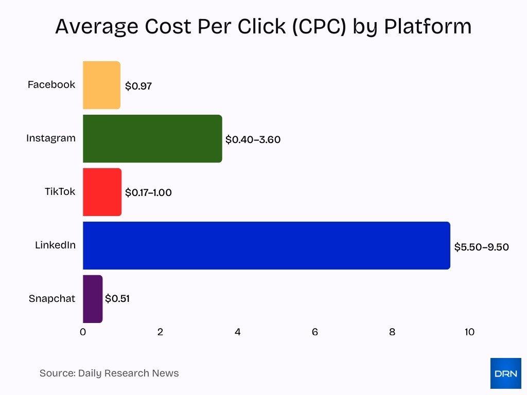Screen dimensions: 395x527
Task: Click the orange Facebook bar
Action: coord(101,85)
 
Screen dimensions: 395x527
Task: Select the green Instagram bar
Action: coord(152,138)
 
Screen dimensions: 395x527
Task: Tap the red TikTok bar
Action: coord(102,192)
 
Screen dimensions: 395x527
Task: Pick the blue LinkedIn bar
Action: coord(266,245)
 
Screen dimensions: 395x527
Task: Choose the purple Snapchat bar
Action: coord(93,299)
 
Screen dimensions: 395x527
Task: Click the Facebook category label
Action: coord(51,85)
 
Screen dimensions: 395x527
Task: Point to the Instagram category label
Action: coord(50,138)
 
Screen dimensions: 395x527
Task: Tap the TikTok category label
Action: coord(60,192)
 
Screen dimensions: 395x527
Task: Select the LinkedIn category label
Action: coord(55,245)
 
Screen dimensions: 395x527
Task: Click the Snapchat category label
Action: coord(52,299)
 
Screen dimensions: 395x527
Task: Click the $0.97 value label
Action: coord(138,86)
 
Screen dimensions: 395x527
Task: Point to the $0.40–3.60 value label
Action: coord(253,139)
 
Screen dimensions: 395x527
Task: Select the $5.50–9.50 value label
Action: coord(481,247)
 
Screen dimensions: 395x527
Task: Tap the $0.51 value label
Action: coord(117,298)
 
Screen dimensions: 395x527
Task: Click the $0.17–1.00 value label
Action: coord(148,193)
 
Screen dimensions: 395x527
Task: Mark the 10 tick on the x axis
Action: coord(469,332)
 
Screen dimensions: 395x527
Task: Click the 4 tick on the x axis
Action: coord(238,332)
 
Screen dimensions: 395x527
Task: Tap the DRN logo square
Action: coord(505,373)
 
